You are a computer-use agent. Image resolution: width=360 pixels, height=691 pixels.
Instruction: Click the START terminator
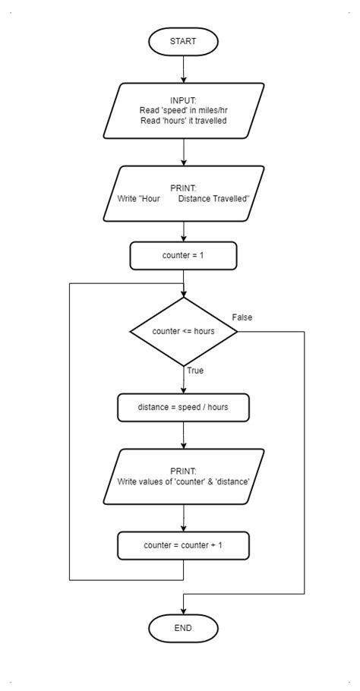(x=183, y=42)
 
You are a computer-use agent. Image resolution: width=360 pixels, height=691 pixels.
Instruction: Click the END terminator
(x=183, y=628)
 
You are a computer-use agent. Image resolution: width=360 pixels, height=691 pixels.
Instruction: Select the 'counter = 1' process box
(x=183, y=256)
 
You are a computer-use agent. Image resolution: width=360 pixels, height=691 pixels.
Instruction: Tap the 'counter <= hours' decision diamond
(x=183, y=332)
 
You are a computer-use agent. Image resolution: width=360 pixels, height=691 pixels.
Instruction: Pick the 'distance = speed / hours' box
(x=183, y=407)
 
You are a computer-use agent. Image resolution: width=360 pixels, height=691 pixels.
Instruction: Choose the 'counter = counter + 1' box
(x=183, y=545)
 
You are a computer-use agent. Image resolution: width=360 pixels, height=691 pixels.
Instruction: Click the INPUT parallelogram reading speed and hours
(x=183, y=111)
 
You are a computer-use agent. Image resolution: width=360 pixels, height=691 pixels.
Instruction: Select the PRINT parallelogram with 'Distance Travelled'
(x=183, y=194)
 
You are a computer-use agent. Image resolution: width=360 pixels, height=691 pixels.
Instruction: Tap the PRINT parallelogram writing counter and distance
(x=183, y=476)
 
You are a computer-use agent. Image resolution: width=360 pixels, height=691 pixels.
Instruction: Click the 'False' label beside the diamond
(x=242, y=317)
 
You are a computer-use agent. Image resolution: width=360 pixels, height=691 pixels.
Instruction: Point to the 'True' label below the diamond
(x=195, y=371)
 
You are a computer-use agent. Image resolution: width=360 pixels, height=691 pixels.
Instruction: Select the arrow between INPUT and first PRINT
(x=183, y=152)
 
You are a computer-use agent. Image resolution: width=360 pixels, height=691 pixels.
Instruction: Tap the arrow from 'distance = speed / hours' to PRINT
(x=183, y=435)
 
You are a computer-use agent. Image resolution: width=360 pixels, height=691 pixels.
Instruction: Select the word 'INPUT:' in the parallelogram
(x=183, y=100)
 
